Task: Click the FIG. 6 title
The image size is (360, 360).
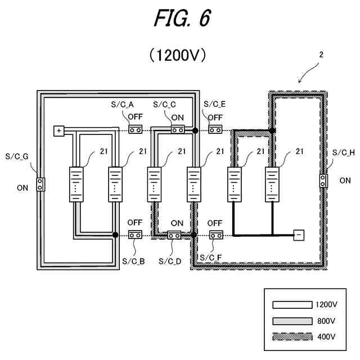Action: pos(182,19)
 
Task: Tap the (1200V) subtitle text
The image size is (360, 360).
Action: pos(178,55)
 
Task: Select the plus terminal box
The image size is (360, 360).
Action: pos(58,131)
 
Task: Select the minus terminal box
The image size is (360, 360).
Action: pos(299,235)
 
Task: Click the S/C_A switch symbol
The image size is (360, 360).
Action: pos(135,130)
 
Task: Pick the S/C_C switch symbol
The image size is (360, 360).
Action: pos(178,130)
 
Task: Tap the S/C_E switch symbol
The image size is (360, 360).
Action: pos(215,130)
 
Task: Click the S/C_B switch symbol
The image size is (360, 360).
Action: pos(135,235)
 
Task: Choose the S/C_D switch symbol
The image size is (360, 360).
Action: pos(174,235)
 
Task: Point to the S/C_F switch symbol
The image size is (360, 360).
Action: pos(216,235)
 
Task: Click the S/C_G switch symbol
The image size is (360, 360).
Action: pos(40,184)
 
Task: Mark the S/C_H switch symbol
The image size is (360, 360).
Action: pos(323,181)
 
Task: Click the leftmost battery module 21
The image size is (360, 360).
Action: pos(76,184)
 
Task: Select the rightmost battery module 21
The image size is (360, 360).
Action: pos(272,184)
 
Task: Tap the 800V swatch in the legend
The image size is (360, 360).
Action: pos(292,321)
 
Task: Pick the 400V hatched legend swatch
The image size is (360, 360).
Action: pos(292,337)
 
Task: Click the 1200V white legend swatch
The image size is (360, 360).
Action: pos(292,305)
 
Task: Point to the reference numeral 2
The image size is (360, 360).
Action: pos(321,55)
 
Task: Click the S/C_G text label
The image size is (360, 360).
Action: pos(17,156)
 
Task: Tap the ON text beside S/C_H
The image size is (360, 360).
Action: pos(345,181)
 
